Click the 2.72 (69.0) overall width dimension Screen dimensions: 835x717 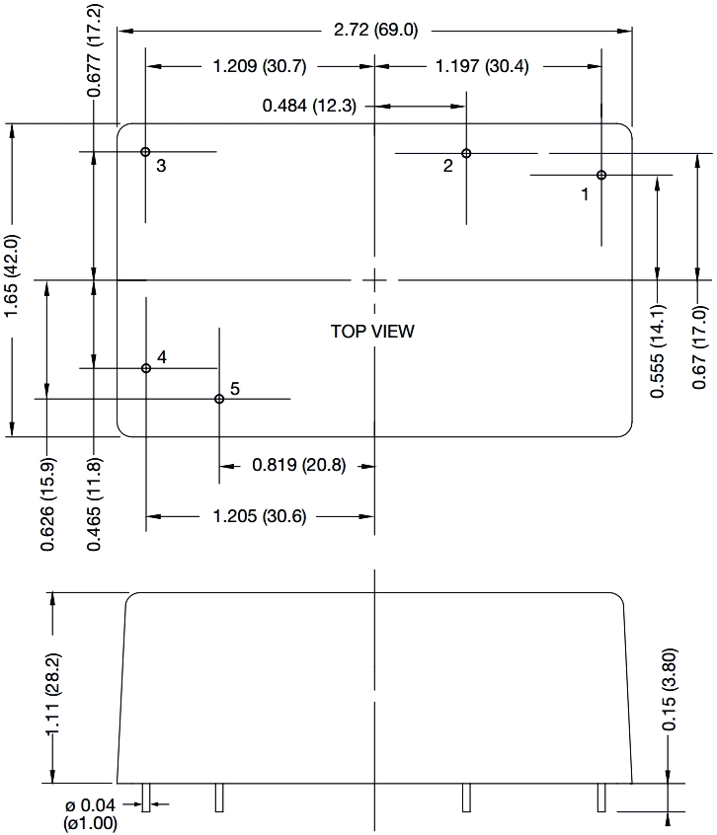(376, 30)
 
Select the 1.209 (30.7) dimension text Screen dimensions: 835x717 (260, 67)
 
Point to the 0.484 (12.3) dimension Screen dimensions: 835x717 (309, 106)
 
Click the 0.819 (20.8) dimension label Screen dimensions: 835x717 (298, 465)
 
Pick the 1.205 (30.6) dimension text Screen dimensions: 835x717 (260, 515)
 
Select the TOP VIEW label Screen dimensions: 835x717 (372, 332)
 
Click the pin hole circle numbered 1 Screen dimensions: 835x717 (601, 175)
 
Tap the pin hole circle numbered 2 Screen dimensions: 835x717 (467, 153)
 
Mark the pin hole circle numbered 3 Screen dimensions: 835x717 (145, 152)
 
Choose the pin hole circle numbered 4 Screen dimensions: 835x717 (146, 368)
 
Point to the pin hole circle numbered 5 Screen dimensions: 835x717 (219, 399)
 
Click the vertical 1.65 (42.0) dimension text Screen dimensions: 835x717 (12, 277)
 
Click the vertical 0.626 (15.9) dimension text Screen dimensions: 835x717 (48, 504)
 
